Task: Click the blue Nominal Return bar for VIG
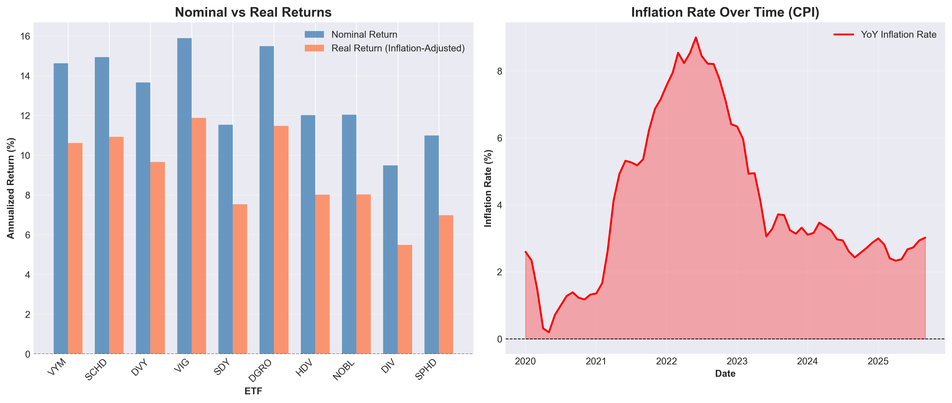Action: [184, 196]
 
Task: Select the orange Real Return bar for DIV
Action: [405, 300]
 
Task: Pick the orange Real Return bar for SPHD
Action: [446, 285]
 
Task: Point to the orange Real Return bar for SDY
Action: [240, 279]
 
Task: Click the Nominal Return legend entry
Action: [364, 34]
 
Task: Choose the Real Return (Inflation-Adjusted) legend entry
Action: [398, 48]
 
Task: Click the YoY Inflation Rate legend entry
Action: [898, 34]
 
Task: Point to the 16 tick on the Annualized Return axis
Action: [25, 36]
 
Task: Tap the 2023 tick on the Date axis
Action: [737, 361]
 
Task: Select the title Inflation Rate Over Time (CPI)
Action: [725, 12]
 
